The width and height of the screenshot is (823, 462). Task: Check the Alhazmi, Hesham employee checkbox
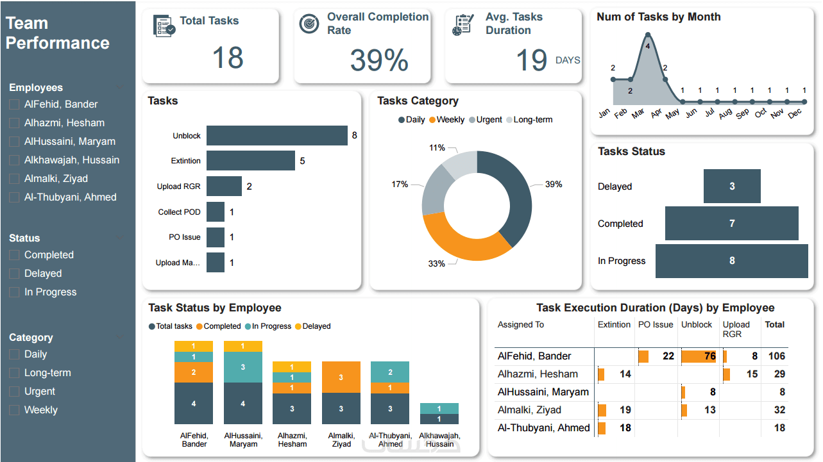(x=14, y=123)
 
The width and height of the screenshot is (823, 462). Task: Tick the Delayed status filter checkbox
(x=14, y=274)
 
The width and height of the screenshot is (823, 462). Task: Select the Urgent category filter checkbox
(x=14, y=392)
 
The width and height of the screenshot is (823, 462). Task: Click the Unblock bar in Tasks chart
(x=276, y=136)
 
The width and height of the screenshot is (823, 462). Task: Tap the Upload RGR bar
(x=224, y=186)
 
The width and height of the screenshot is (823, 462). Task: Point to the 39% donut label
(x=553, y=185)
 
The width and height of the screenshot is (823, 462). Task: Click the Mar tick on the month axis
(x=637, y=113)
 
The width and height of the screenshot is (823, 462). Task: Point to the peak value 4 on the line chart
(x=648, y=46)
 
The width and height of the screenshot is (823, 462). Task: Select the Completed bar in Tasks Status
(x=731, y=224)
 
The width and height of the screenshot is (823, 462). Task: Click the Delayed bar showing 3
(x=732, y=186)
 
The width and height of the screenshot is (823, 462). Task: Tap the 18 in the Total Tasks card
(x=228, y=58)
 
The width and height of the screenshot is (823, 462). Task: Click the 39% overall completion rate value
(x=379, y=60)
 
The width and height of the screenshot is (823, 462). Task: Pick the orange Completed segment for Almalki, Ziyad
(x=341, y=377)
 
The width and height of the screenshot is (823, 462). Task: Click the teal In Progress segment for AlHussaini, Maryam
(x=243, y=367)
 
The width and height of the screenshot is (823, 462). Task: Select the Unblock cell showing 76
(x=699, y=356)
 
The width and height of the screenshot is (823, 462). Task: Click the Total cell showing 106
(x=776, y=356)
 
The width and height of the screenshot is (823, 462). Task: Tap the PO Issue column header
(x=656, y=325)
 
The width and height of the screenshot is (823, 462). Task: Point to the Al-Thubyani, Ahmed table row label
(x=543, y=428)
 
